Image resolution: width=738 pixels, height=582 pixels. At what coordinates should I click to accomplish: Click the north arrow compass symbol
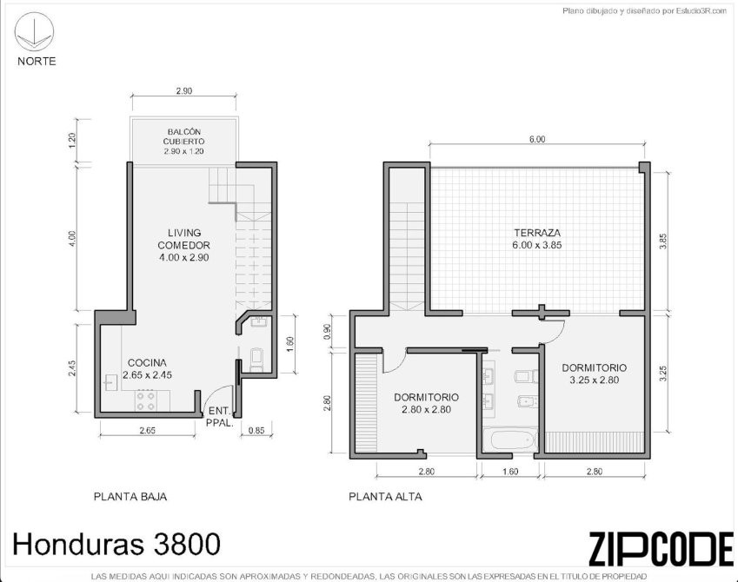coord(35,31)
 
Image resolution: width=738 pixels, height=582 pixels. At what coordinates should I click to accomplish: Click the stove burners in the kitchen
coord(145,400)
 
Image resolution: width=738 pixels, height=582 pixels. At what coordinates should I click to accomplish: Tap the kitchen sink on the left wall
coord(111,382)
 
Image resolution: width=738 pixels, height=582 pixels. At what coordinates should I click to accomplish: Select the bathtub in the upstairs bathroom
coord(513,440)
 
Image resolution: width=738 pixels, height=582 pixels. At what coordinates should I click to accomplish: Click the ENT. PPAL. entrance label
coord(220,416)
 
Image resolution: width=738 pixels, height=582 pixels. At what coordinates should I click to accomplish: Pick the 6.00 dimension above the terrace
coord(537,139)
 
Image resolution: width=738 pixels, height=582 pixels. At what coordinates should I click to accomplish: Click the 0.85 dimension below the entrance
coord(256,430)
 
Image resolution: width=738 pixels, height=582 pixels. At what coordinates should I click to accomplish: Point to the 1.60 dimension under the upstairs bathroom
coord(510,472)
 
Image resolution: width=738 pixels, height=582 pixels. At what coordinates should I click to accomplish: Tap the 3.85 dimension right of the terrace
coord(663,241)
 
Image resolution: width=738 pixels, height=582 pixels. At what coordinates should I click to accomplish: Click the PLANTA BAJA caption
coord(130,496)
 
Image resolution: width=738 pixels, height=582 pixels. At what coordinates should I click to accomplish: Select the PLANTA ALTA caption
coord(385,496)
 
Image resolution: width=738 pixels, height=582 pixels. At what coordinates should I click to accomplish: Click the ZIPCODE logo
coord(662,549)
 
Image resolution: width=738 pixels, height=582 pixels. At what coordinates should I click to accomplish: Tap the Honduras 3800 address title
coord(116,545)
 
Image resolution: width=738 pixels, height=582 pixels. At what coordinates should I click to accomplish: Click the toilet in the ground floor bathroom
coord(256,359)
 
